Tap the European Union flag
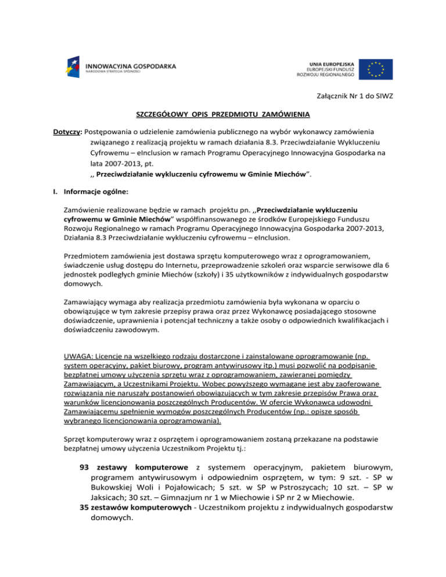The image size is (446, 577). tap(375, 68)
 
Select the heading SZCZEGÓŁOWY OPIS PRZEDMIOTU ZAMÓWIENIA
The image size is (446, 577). tap(222, 113)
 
